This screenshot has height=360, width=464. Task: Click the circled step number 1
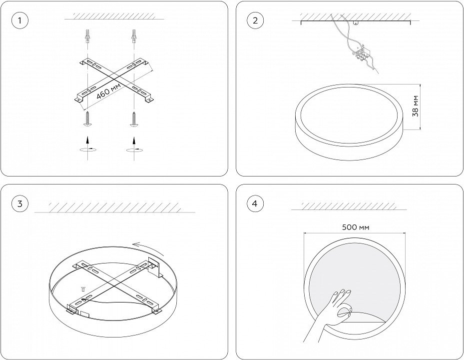(20, 20)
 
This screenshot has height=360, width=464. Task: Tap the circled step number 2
(255, 20)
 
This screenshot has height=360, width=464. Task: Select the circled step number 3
(20, 204)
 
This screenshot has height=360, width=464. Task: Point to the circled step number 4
(255, 204)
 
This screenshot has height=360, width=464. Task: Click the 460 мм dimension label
(108, 90)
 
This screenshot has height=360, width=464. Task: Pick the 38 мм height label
(415, 106)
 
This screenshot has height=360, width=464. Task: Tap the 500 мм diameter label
(356, 227)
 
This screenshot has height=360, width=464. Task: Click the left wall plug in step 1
(87, 36)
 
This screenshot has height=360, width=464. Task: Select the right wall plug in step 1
(134, 36)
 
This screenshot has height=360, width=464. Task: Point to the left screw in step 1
(87, 119)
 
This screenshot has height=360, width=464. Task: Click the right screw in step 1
(134, 119)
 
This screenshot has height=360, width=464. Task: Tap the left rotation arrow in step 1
(87, 148)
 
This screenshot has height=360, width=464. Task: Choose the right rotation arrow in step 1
(134, 148)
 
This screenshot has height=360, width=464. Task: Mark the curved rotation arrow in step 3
(148, 249)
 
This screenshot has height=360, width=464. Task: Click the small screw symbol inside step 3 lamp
(83, 289)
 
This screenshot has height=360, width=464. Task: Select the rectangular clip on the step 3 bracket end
(154, 267)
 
